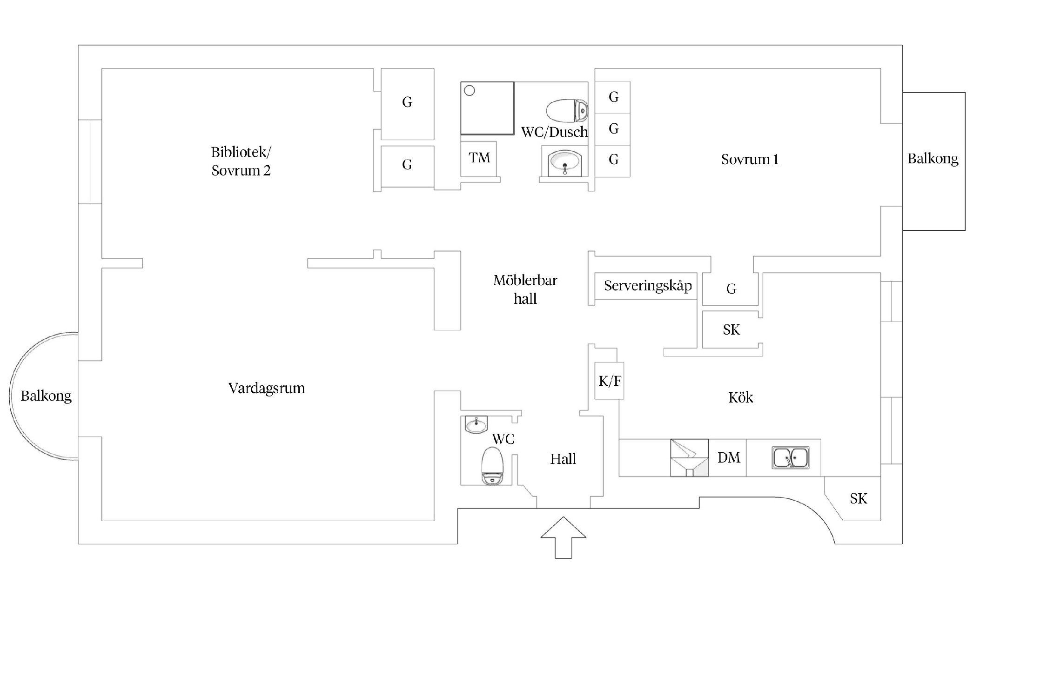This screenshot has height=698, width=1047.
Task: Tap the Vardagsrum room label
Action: (x=267, y=388)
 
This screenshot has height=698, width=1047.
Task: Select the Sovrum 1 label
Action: (x=750, y=160)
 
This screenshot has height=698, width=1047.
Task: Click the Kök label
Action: (x=740, y=397)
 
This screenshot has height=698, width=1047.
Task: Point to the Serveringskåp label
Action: (x=648, y=285)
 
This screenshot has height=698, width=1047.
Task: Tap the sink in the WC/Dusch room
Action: (x=564, y=162)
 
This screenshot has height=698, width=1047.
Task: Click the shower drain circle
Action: (x=470, y=91)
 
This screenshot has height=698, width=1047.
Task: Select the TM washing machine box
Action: (x=479, y=158)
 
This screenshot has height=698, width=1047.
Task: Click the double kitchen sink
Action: (x=790, y=457)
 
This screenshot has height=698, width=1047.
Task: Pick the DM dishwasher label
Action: (x=729, y=458)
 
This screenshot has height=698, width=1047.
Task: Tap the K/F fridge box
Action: (x=610, y=381)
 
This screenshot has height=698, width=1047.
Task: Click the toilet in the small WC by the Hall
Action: (x=492, y=466)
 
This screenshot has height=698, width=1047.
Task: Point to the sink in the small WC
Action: (x=476, y=424)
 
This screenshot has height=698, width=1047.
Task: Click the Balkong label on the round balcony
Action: (x=46, y=396)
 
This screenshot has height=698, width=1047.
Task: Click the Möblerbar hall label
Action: (x=525, y=289)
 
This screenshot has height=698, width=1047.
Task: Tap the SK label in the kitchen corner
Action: (x=859, y=499)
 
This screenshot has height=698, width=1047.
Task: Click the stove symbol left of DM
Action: (x=689, y=458)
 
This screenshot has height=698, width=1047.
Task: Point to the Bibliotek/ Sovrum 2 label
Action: (x=241, y=161)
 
